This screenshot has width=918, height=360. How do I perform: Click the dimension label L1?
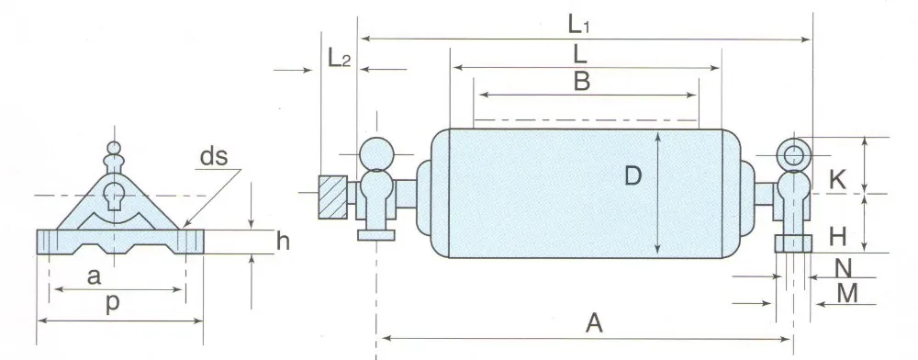pyautogui.click(x=581, y=24)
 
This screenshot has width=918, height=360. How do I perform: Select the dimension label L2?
pyautogui.click(x=339, y=58)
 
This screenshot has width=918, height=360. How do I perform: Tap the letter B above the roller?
pyautogui.click(x=581, y=82)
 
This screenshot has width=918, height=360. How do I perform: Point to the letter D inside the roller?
pyautogui.click(x=633, y=175)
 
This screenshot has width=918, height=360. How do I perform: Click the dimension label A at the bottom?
pyautogui.click(x=594, y=322)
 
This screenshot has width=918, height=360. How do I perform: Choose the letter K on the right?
pyautogui.click(x=838, y=180)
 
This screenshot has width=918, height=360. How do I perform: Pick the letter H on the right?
pyautogui.click(x=838, y=237)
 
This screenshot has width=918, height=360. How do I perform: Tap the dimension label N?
pyautogui.click(x=843, y=268)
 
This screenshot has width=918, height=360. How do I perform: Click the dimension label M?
pyautogui.click(x=847, y=293)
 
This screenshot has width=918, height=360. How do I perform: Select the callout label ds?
pyautogui.click(x=214, y=156)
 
